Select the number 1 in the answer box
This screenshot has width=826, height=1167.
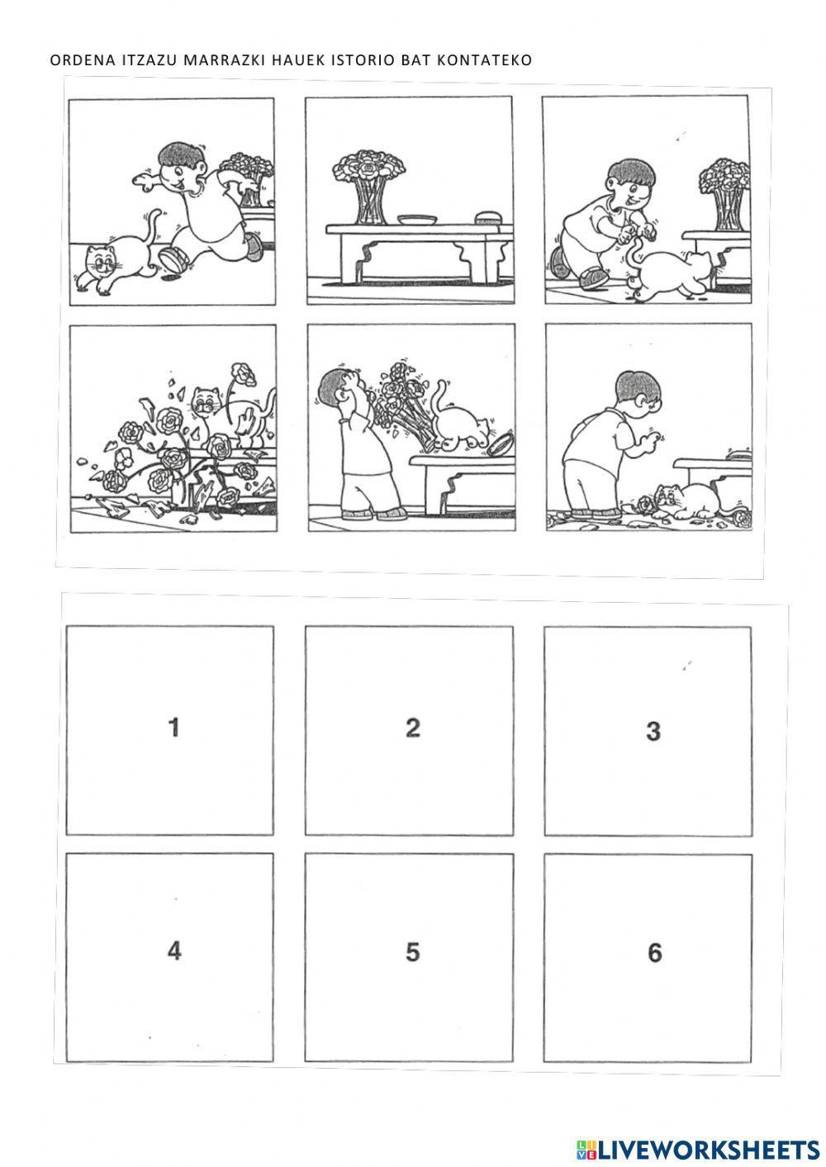[x=174, y=727]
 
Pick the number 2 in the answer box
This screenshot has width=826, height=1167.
[x=413, y=728]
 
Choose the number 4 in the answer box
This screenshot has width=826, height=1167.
[x=174, y=951]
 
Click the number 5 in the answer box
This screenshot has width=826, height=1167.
[x=412, y=951]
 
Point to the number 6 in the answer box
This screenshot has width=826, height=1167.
[x=654, y=952]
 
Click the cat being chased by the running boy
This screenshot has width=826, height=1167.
[x=118, y=255]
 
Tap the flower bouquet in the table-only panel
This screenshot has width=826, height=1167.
[x=369, y=186]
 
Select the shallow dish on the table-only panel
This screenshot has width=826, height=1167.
[x=415, y=220]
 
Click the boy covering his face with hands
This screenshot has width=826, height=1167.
[x=358, y=443]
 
